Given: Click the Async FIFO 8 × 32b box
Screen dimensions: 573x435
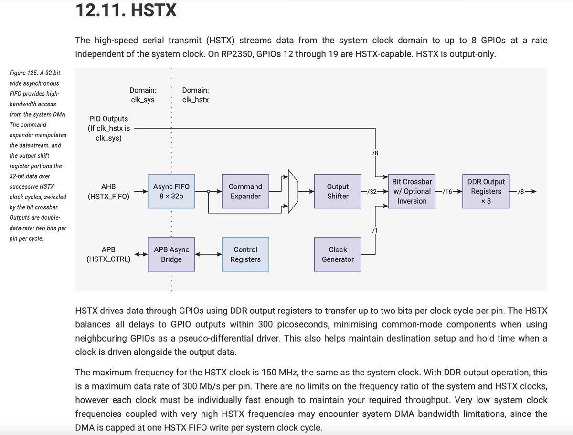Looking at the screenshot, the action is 171,191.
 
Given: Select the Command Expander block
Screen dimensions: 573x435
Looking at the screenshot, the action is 245,191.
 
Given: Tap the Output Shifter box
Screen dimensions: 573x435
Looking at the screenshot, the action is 338,191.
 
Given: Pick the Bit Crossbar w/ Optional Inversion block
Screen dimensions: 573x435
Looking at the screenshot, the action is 412,191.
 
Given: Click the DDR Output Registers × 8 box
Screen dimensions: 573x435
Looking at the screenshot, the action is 486,191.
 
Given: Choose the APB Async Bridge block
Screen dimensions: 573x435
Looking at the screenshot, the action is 171,254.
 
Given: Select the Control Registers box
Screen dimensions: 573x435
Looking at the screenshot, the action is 245,254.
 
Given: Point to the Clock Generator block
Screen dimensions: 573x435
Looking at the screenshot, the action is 338,254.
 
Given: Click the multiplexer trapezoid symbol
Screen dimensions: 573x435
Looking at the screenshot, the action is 293,191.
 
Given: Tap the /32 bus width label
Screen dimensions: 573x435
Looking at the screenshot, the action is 372,192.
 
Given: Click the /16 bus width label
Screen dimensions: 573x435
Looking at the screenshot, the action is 447,192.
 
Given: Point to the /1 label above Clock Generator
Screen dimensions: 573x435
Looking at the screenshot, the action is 375,231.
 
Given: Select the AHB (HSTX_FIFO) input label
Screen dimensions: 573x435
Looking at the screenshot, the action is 108,191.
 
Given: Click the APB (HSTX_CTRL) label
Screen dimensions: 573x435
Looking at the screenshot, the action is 108,254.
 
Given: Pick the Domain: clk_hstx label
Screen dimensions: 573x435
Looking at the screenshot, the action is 195,95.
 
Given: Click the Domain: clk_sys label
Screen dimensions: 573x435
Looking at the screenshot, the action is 143,95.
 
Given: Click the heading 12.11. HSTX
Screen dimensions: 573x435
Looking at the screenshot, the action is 126,10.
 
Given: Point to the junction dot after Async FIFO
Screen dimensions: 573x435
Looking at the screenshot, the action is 208,192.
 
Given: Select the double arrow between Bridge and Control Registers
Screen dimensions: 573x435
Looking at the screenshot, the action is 208,254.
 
